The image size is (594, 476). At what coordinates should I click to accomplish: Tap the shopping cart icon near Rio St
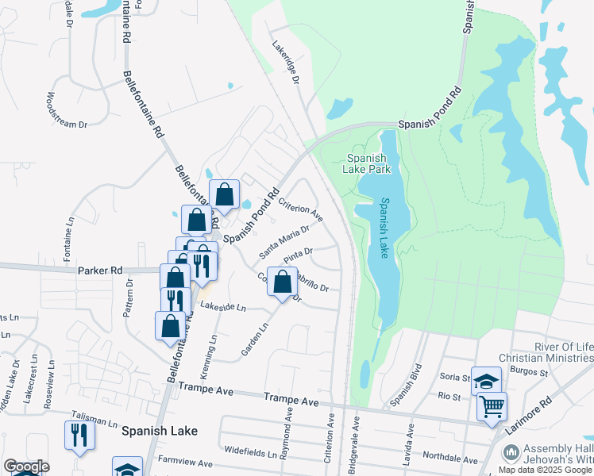click(x=492, y=407)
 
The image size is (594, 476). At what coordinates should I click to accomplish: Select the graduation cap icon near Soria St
click(x=486, y=382)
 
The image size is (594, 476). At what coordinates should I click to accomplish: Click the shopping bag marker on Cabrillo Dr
click(x=283, y=282)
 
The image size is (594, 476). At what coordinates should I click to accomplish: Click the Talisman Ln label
click(x=88, y=415)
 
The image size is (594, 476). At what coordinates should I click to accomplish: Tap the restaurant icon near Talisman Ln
click(x=79, y=435)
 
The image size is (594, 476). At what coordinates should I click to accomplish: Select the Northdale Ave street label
click(x=450, y=459)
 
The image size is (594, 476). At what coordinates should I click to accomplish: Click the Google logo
click(x=26, y=466)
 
